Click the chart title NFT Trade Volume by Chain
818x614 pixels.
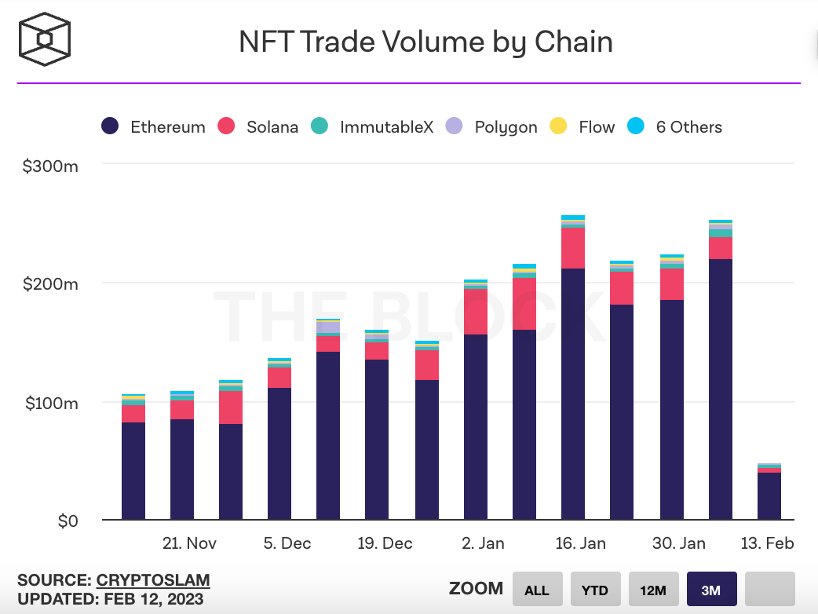425,42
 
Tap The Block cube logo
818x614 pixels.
46,40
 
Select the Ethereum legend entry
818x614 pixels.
155,126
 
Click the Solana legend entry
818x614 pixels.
258,126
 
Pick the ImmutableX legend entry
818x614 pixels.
372,126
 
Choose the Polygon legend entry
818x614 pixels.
491,126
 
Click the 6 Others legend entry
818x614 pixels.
674,126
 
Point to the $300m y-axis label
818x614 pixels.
49,166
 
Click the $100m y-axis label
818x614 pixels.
49,404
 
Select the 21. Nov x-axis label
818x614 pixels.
189,543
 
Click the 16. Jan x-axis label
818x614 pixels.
580,543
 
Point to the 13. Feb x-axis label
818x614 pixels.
769,543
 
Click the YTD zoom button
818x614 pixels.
594,590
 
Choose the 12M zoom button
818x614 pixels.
653,590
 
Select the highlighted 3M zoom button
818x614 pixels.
711,590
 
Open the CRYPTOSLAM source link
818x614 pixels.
153,581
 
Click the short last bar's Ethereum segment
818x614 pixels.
769,495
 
